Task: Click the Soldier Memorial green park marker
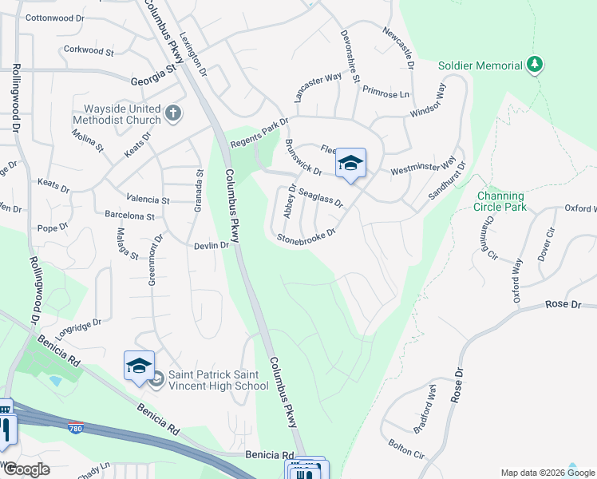536,64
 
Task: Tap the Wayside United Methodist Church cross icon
173,114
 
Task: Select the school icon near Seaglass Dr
350,164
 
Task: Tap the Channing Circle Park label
500,201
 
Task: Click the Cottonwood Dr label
54,18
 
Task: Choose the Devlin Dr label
212,246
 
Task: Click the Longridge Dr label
78,327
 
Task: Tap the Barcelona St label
134,216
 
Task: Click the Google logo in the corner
26,469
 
